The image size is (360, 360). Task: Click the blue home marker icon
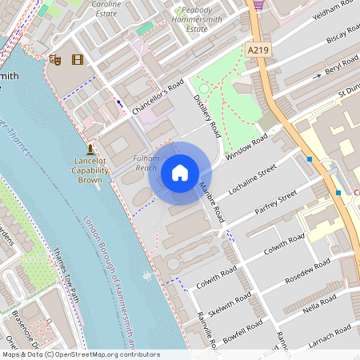(x=180, y=172)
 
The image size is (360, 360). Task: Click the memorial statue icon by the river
(x=90, y=148)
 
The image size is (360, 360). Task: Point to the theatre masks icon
(x=55, y=59)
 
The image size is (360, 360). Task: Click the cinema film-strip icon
(x=77, y=59)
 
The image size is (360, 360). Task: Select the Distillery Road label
(x=207, y=115)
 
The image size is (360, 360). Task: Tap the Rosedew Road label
(x=307, y=272)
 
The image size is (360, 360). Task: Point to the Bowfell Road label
(x=243, y=334)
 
